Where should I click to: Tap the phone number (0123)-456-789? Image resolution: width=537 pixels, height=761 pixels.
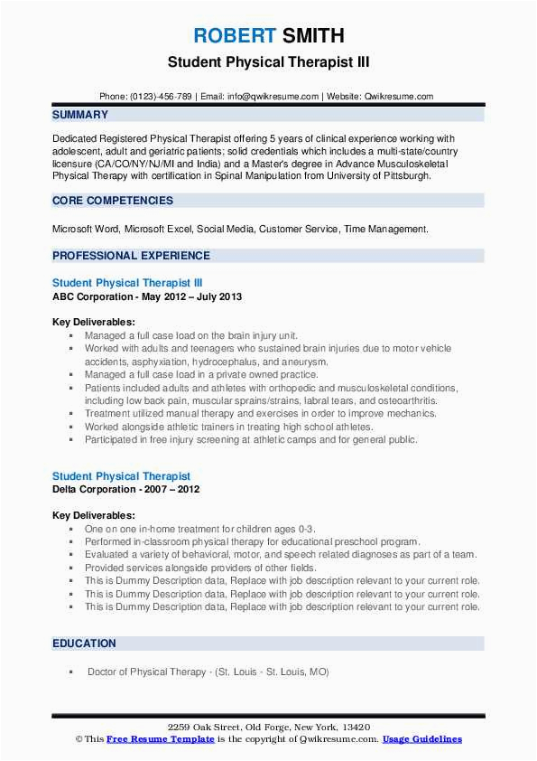tap(159, 96)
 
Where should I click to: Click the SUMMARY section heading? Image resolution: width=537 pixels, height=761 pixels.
tap(80, 115)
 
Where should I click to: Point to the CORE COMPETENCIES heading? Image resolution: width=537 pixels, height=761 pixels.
tap(113, 201)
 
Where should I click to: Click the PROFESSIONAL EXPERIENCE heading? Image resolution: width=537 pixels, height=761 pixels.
tap(131, 256)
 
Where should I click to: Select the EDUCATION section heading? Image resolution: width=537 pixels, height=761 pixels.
tap(84, 644)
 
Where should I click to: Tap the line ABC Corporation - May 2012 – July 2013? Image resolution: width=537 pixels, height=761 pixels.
tap(147, 296)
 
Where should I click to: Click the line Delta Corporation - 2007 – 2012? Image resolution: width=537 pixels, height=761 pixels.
tap(126, 489)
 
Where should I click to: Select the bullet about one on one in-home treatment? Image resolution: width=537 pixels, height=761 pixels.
tap(200, 529)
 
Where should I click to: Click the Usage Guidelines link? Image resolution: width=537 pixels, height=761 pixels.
tap(422, 739)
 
